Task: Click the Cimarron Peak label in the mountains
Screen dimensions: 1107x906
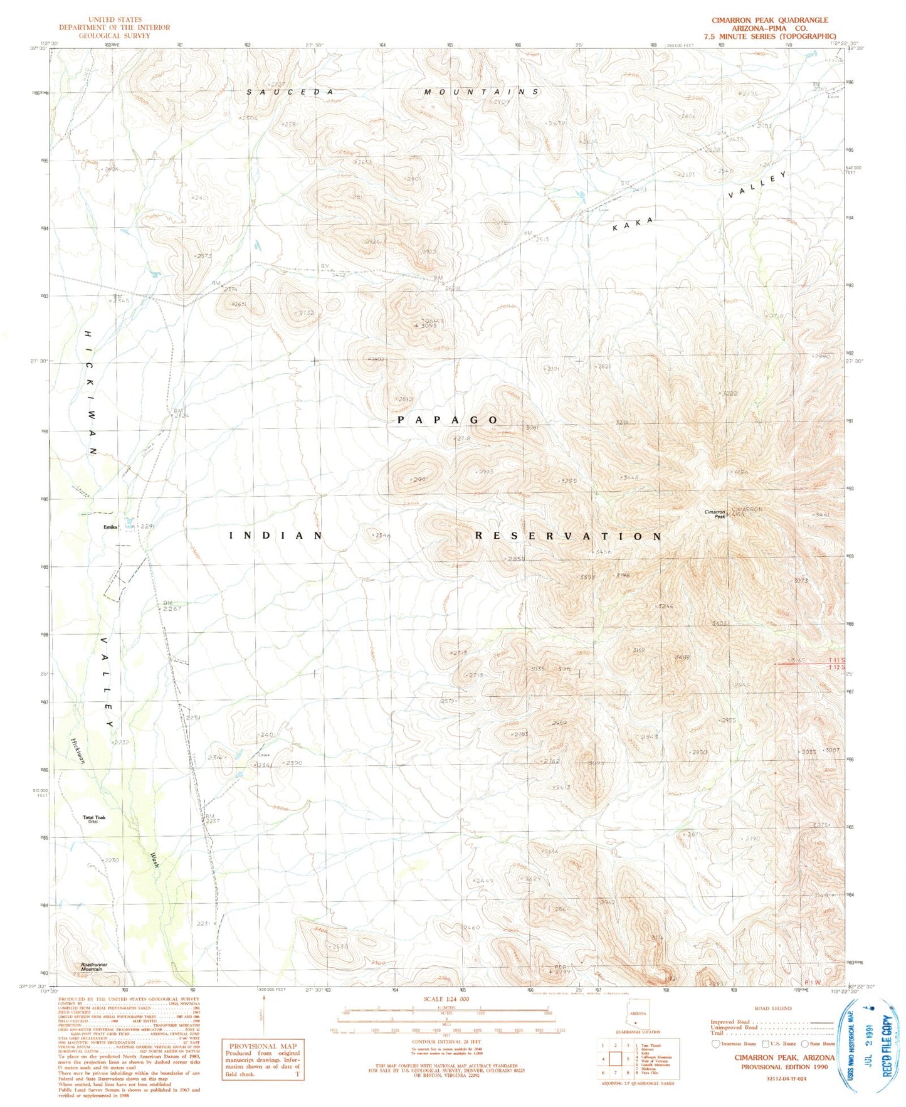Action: [714, 514]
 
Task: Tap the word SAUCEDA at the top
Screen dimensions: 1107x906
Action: [290, 92]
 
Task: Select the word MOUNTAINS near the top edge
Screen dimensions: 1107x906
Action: [481, 92]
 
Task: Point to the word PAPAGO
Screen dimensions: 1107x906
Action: [448, 420]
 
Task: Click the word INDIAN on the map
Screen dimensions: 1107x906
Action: [277, 536]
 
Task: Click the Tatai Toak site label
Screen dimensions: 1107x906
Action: [94, 818]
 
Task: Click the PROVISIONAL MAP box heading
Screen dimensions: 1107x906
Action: [261, 1046]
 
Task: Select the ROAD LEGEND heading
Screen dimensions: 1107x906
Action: [773, 1009]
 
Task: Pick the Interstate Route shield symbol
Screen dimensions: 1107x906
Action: [715, 1044]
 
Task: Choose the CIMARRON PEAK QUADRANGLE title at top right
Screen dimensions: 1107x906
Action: [769, 20]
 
